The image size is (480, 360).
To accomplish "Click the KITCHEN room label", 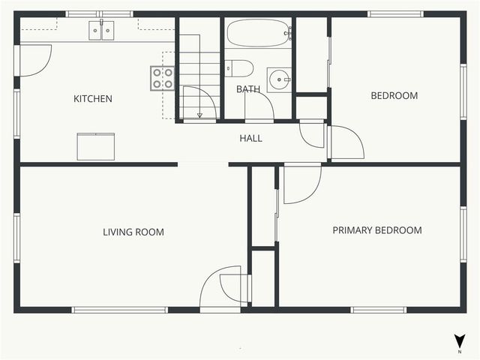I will [93, 98].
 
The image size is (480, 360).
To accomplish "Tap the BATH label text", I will [247, 89].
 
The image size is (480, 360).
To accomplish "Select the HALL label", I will [250, 138].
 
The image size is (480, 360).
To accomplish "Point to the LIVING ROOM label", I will [133, 232].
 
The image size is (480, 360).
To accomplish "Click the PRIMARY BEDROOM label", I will [376, 230].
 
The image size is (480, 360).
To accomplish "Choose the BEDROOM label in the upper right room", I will [394, 95].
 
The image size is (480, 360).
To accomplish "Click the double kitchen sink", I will [102, 30].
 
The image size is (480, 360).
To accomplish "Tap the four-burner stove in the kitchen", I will [163, 78].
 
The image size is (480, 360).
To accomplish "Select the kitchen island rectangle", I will [96, 146].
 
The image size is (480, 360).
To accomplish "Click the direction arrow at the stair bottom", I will [199, 115].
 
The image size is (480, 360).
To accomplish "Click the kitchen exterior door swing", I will [34, 59].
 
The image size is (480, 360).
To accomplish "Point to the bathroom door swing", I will [259, 105].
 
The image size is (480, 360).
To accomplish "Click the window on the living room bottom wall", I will [120, 309].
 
